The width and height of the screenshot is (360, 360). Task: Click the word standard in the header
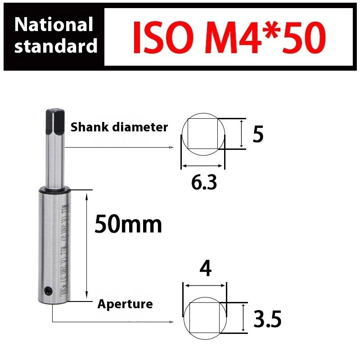click(56, 46)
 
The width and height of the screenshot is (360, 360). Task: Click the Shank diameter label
click(119, 127)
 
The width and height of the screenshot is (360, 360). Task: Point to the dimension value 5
click(258, 135)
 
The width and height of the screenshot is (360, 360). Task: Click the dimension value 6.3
click(204, 183)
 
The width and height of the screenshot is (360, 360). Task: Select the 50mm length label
click(128, 224)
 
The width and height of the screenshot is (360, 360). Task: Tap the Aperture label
click(125, 304)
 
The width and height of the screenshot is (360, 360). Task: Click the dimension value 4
click(205, 270)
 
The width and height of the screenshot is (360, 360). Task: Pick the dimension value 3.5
click(267, 320)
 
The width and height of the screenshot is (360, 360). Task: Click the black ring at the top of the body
click(54, 190)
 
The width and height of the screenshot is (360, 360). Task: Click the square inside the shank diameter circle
click(202, 134)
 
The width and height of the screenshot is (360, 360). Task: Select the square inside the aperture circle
click(204, 317)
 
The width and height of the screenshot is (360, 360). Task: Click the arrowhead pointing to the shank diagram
click(171, 147)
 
